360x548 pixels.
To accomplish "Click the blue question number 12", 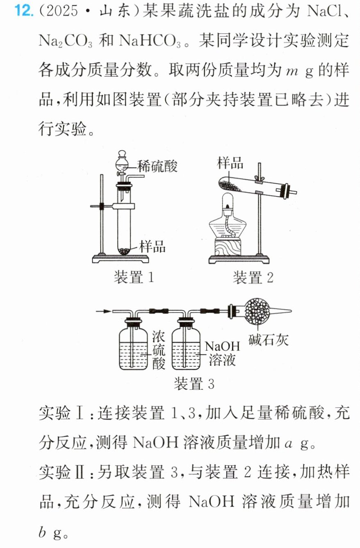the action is tap(23, 11).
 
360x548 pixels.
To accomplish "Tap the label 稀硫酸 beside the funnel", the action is tap(157, 167).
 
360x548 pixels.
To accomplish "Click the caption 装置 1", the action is tap(134, 277).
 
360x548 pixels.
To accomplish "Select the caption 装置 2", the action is tap(253, 277).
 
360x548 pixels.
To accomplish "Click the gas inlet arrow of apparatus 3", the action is tap(103, 311).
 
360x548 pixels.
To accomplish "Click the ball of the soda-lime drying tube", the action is tap(257, 311).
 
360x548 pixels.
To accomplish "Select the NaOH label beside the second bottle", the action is tap(222, 346).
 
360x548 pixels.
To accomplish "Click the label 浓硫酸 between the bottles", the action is tap(159, 350).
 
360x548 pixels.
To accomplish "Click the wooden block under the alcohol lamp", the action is tap(228, 247).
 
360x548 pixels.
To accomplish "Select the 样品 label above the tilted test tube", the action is tap(230, 163).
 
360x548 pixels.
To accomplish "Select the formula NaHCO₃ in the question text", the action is tap(150, 41).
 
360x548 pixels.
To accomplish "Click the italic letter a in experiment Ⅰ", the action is tap(289, 443).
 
